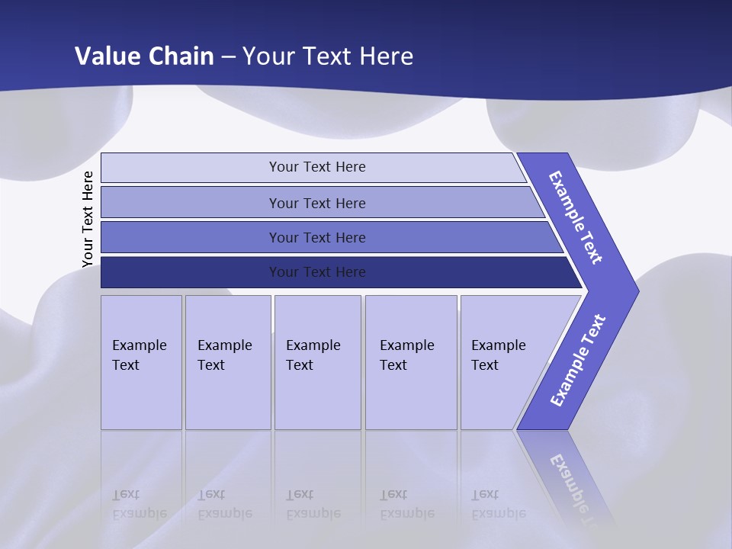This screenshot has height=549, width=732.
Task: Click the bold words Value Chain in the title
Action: coord(145,56)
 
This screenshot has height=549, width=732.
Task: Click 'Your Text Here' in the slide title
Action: coord(328,56)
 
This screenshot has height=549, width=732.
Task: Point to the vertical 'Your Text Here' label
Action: coord(88,220)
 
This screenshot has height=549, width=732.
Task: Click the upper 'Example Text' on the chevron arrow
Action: coord(576,217)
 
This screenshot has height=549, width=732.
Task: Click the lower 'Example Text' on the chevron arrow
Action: coord(578,360)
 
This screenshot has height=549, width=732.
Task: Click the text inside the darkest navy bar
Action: coord(317,272)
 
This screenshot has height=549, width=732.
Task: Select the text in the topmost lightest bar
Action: coord(317,167)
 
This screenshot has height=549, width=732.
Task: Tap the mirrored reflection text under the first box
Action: coord(139,505)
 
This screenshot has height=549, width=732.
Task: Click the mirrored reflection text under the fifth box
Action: coord(498,505)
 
